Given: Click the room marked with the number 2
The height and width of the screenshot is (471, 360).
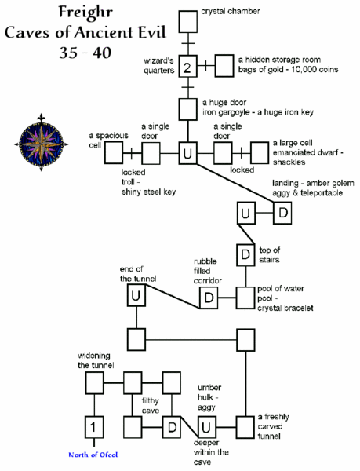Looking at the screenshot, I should tap(187, 68).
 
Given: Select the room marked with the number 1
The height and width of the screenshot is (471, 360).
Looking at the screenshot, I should tap(94, 427).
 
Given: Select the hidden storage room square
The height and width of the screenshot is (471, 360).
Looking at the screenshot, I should tap(225, 68).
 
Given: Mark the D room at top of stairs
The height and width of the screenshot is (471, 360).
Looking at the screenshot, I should tap(245, 255).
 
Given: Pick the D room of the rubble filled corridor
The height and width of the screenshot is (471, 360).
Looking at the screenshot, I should tap(208, 298).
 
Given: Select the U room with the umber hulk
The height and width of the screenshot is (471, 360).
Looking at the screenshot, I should tap(205, 427).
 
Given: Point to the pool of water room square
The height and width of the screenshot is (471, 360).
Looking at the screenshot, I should tap(245, 298).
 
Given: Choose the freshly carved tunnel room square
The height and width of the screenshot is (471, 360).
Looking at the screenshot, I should tap(245, 427).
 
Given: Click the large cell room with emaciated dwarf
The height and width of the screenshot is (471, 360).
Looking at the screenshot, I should tap(259, 152).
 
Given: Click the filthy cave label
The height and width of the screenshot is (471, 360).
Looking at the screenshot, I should tap(151, 405).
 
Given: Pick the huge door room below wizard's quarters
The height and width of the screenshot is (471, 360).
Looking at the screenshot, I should tap(187, 108).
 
